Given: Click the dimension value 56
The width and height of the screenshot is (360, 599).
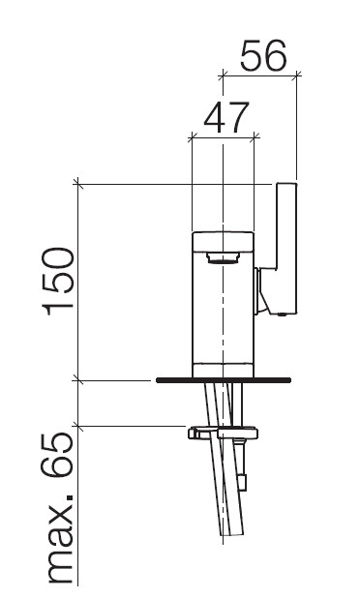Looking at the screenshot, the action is [263, 56].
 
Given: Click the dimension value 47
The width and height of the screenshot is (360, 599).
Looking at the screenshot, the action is [226, 117].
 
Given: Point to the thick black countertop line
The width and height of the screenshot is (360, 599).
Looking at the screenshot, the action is [224, 380].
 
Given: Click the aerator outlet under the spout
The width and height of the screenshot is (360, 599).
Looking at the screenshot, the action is [223, 258].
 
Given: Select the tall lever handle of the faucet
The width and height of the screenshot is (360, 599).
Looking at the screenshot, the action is [285, 249].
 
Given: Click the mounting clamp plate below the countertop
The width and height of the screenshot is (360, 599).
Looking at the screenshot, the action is [223, 434].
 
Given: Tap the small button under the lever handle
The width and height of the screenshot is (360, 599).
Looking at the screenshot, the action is [283, 314].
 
